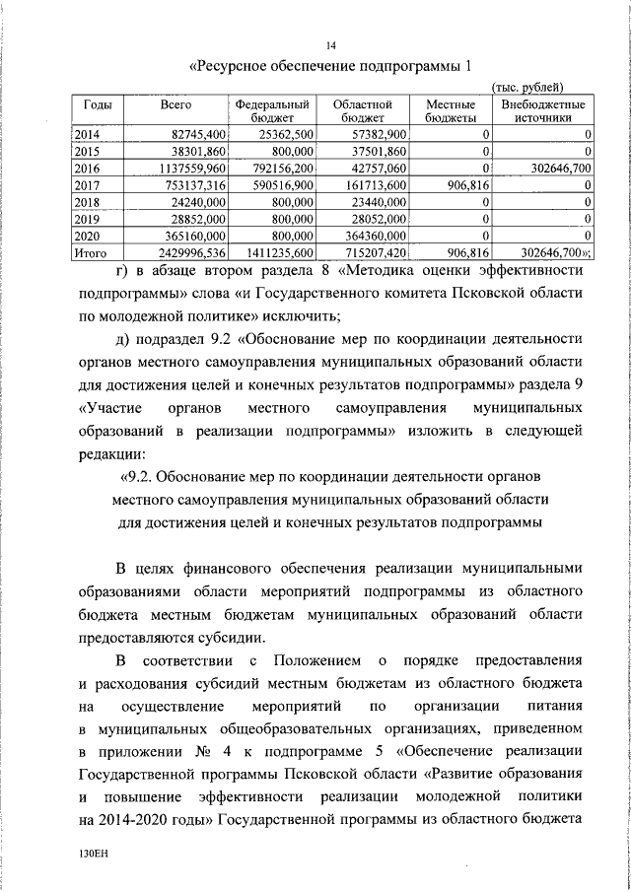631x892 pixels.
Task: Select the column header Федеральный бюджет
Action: [273, 110]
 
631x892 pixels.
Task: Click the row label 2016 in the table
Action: [89, 169]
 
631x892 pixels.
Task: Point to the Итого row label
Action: [90, 252]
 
